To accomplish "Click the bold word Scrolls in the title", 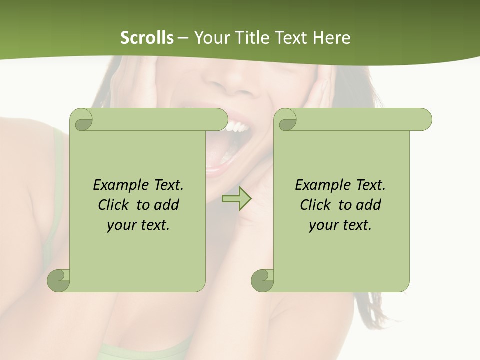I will click(x=147, y=38).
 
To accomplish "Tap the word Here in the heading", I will click(x=331, y=38).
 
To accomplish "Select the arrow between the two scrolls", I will click(x=236, y=199).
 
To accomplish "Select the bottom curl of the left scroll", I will click(x=58, y=280).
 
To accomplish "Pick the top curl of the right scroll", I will click(x=287, y=120).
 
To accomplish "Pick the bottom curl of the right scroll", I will click(x=262, y=280).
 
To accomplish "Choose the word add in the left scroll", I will click(x=166, y=205).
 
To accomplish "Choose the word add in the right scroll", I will click(x=368, y=205).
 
